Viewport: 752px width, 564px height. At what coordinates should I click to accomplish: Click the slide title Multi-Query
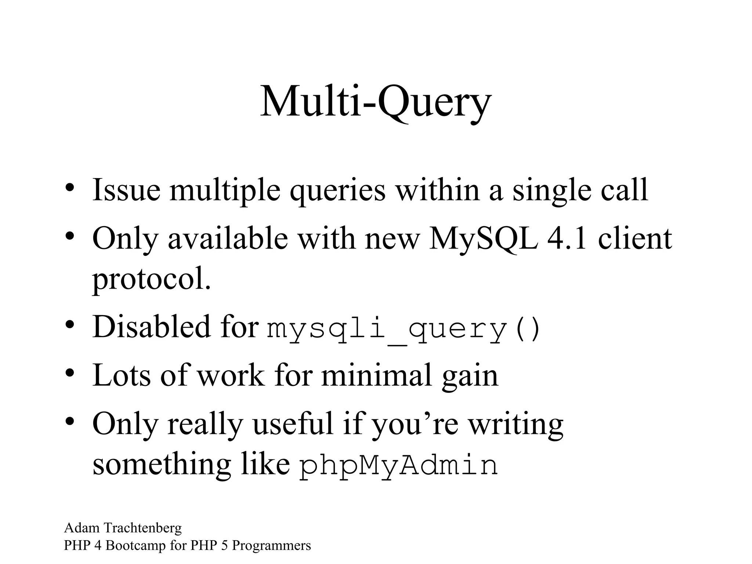375,101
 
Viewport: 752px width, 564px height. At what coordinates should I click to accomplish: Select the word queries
337,191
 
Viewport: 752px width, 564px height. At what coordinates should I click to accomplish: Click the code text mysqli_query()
403,329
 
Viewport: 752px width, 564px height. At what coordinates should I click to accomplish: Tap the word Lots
122,375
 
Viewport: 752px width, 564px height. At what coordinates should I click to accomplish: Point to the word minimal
377,375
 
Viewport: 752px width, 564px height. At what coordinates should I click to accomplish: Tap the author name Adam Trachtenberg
123,528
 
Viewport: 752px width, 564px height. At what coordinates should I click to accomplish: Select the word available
228,239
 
